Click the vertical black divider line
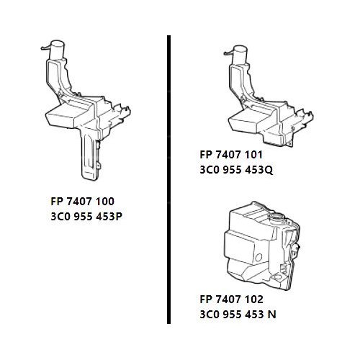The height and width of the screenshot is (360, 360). (169, 180)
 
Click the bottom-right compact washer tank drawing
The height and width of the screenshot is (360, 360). (259, 245)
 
